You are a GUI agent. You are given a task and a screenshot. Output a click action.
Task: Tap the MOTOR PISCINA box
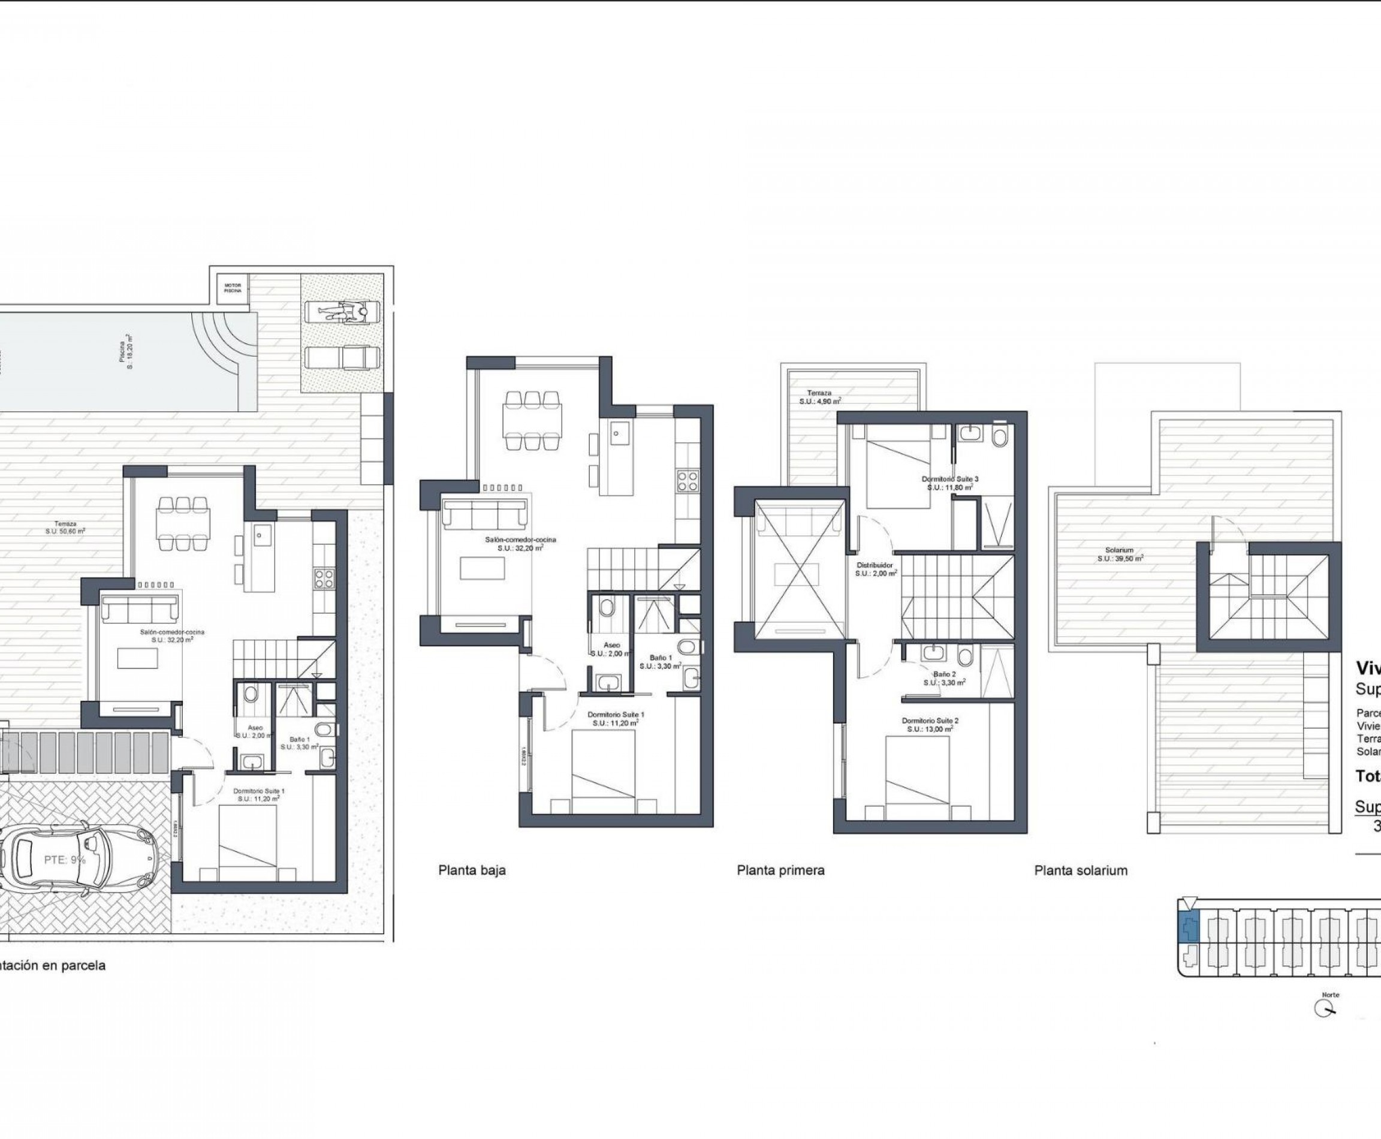tap(233, 288)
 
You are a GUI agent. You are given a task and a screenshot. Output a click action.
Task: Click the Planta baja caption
tap(472, 870)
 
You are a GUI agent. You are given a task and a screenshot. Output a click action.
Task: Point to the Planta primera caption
tap(780, 870)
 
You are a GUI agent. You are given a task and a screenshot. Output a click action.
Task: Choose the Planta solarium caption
tap(1081, 870)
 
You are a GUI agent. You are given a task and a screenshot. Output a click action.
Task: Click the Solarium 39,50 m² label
tap(1120, 555)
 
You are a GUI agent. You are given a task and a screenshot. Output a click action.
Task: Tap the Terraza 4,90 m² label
tap(819, 397)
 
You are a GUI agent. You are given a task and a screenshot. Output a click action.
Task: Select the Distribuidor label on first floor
tap(875, 568)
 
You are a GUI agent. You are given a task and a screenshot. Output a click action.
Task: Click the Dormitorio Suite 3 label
tap(949, 483)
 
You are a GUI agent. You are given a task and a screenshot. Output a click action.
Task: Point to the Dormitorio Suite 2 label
tap(930, 724)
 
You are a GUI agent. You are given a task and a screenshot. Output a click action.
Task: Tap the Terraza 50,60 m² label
tap(65, 528)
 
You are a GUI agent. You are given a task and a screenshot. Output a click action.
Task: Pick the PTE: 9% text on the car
tap(65, 860)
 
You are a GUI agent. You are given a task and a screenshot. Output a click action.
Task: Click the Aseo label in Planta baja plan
tap(611, 646)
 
